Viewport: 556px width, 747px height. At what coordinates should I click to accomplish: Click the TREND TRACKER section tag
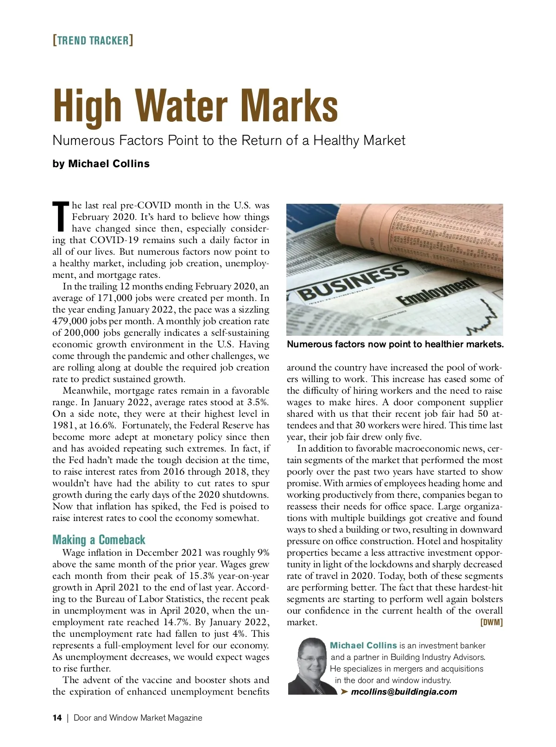(93, 40)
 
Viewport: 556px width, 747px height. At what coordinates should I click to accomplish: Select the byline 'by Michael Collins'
(101, 164)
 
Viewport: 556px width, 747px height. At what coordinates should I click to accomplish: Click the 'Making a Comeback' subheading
(99, 540)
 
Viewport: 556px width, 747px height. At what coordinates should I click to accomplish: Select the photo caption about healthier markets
(395, 344)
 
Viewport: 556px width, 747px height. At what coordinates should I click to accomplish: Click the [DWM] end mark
(491, 622)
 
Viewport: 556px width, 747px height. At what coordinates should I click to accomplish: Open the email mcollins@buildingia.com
(404, 692)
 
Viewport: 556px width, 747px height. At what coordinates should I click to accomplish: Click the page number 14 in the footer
(57, 718)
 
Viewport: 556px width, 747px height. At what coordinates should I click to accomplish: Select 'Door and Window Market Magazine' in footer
(138, 718)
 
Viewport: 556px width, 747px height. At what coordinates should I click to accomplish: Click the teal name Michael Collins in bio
(363, 646)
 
